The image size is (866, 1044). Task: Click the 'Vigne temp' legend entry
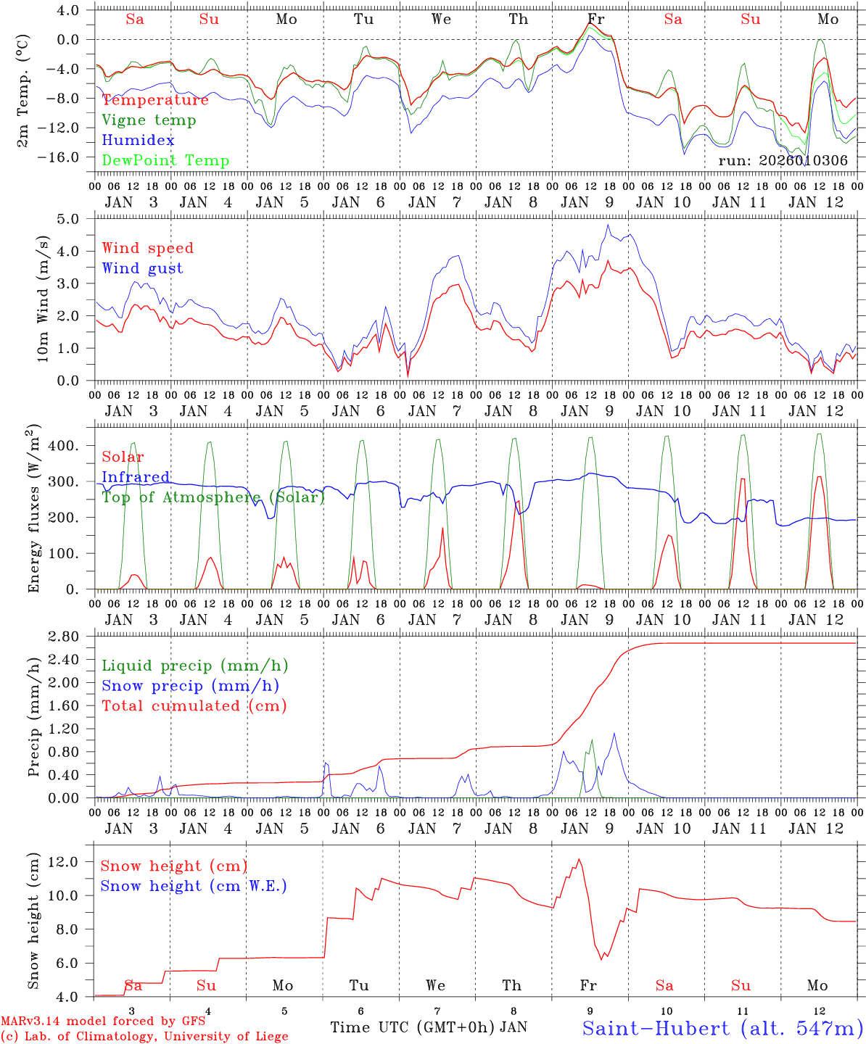pyautogui.click(x=149, y=120)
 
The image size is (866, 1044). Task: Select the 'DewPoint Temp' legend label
pyautogui.click(x=165, y=161)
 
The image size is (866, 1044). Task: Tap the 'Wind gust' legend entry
pyautogui.click(x=142, y=268)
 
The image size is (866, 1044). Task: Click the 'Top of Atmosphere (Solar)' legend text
pyautogui.click(x=213, y=497)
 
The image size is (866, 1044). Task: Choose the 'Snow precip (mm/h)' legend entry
pyautogui.click(x=190, y=686)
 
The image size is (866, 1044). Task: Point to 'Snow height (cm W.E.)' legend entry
pyautogui.click(x=194, y=886)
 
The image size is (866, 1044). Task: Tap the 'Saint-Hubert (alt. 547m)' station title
pyautogui.click(x=722, y=1028)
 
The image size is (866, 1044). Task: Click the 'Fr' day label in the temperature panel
pyautogui.click(x=595, y=20)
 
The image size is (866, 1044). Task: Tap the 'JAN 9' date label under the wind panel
pyautogui.click(x=593, y=411)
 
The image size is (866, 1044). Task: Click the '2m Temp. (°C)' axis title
pyautogui.click(x=24, y=91)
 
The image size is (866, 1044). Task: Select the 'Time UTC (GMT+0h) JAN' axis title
pyautogui.click(x=429, y=1027)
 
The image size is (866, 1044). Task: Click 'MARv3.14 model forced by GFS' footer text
pyautogui.click(x=103, y=1022)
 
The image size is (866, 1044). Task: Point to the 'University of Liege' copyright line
pyautogui.click(x=144, y=1037)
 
